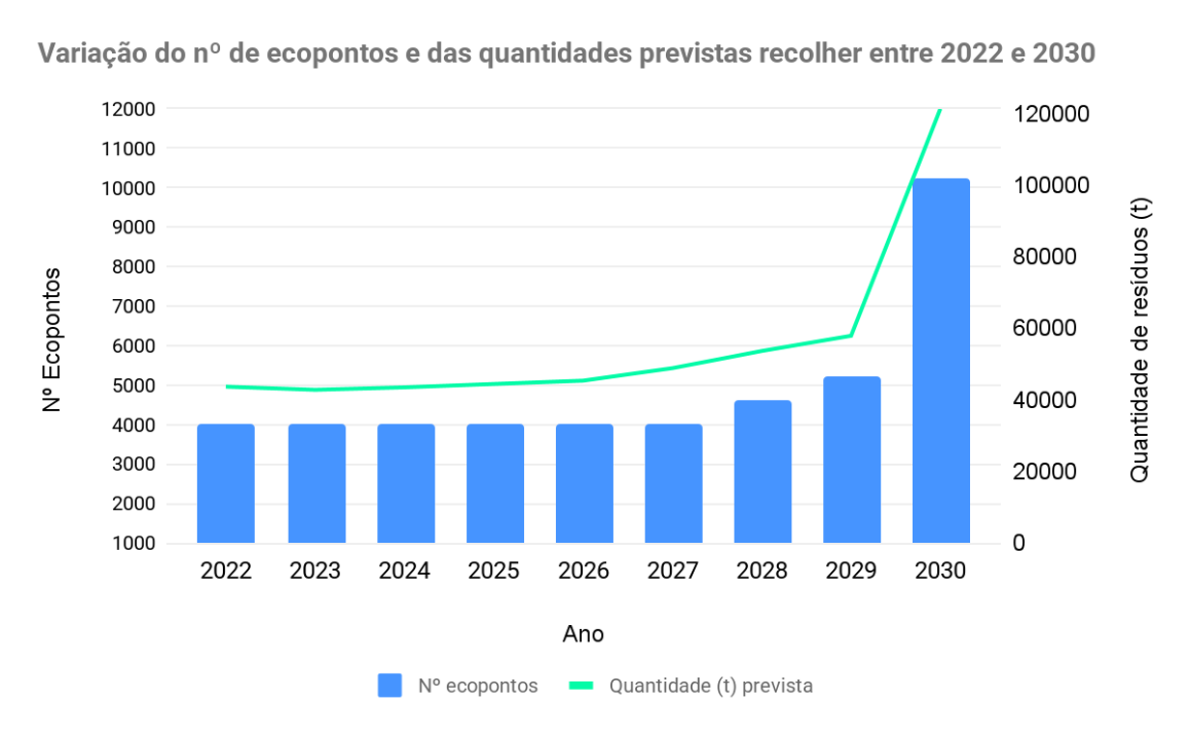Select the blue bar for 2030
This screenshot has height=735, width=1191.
pos(941,361)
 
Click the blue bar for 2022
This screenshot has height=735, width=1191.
pos(226,483)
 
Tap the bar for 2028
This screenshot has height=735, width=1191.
pos(762,472)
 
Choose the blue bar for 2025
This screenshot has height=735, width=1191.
pos(495,483)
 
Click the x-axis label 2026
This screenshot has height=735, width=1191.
pos(584,571)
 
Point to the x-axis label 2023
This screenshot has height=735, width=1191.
pos(316,571)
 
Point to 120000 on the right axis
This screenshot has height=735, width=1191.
pos(1050,114)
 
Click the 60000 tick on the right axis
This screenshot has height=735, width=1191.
pos(1043,328)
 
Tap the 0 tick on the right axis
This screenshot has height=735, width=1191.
pos(1018,543)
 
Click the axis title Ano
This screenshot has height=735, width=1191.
pos(583,634)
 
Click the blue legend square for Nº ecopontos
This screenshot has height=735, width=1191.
pos(390,686)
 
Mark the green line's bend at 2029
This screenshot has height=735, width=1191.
pos(851,336)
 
